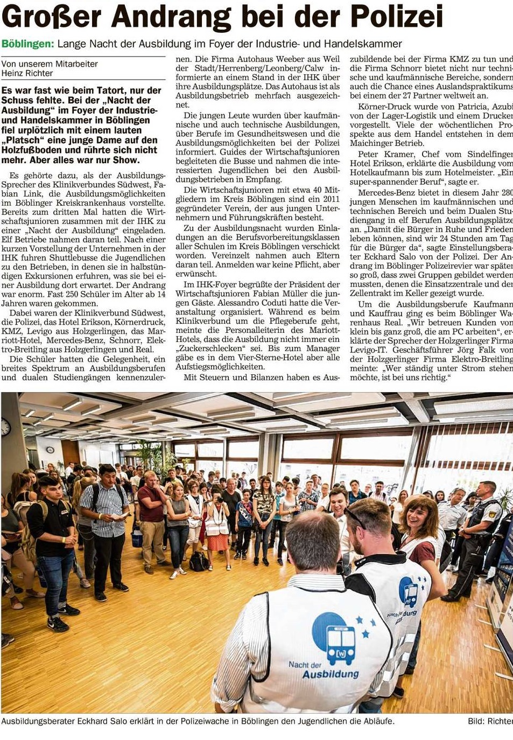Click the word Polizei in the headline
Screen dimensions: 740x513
pyautogui.click(x=396, y=17)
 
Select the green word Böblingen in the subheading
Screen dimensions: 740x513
pyautogui.click(x=27, y=44)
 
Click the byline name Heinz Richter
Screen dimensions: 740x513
pyautogui.click(x=27, y=73)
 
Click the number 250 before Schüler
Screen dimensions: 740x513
pyautogui.click(x=72, y=295)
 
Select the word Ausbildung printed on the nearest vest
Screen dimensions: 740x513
pyautogui.click(x=330, y=674)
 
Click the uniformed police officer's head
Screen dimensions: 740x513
pyautogui.click(x=486, y=491)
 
